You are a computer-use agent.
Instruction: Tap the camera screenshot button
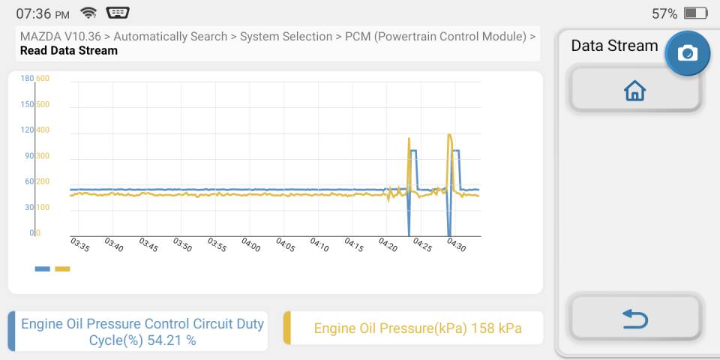[688, 53]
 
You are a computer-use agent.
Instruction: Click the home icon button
[635, 90]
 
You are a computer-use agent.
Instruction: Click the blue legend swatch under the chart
[42, 268]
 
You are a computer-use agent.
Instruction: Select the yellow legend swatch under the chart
[62, 268]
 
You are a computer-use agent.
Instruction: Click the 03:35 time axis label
[79, 244]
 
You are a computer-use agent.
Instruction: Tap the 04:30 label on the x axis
[456, 244]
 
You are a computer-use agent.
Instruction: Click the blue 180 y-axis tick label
[27, 79]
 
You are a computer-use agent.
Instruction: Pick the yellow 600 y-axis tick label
[43, 79]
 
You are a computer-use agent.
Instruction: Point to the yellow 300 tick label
[43, 156]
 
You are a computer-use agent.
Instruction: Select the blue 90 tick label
[29, 156]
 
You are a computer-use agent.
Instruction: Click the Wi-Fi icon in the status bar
[88, 13]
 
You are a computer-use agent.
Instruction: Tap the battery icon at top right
[696, 13]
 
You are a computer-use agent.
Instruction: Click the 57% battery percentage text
[664, 13]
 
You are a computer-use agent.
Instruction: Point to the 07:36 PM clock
[43, 13]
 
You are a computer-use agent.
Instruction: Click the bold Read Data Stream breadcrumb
[69, 50]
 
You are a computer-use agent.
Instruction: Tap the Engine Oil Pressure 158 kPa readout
[418, 328]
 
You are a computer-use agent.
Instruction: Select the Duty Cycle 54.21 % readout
[142, 332]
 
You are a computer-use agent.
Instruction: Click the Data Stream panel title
[614, 46]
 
